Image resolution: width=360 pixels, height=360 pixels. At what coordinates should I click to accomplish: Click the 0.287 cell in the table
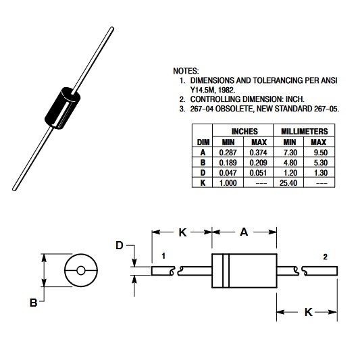point(228,153)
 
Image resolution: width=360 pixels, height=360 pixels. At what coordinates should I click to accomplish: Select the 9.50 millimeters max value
point(321,153)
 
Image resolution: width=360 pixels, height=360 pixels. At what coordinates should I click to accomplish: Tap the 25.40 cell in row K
point(288,183)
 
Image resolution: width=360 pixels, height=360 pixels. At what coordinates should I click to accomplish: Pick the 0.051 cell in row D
point(258,173)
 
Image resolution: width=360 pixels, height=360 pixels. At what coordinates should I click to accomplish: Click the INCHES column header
point(245,131)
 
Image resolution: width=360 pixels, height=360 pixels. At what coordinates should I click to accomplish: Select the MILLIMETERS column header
point(305,131)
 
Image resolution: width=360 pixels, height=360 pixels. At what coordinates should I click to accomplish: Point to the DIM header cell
point(203,143)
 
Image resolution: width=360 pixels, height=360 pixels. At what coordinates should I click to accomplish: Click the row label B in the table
point(203,163)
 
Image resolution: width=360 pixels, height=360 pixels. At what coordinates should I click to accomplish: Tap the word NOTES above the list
point(186,71)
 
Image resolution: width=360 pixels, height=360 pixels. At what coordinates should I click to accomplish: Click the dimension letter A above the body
point(244,232)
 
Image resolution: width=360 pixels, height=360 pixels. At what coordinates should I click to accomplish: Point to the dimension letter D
point(120,245)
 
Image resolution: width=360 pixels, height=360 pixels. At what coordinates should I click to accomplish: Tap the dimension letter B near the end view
point(33,303)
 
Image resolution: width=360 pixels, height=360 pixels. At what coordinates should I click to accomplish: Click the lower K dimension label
point(309,312)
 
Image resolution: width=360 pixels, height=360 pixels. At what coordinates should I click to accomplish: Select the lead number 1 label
point(163,256)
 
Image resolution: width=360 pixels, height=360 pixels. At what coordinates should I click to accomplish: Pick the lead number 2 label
point(325,257)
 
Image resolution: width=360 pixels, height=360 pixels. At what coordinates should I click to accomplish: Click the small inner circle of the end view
point(81,271)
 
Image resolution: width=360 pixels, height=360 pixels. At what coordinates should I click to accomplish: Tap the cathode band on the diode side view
point(226,270)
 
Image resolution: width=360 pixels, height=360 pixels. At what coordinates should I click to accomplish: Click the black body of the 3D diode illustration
point(62,108)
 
